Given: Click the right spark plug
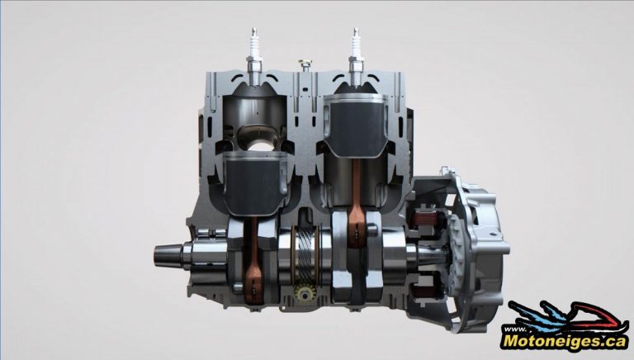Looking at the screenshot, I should point(357,49).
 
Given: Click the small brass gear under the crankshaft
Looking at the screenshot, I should point(303,296).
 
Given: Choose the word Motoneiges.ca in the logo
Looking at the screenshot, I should point(566,339).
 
